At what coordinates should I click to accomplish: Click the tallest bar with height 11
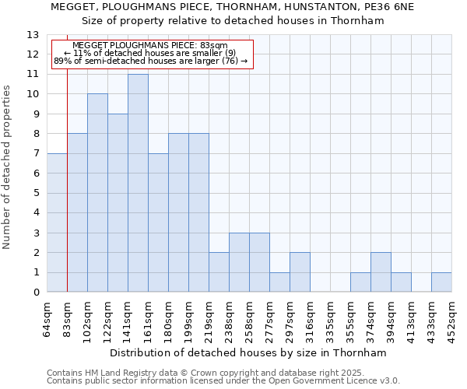[138, 183]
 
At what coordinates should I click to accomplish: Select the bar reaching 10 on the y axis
[97, 193]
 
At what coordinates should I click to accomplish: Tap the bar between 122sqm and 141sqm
[118, 202]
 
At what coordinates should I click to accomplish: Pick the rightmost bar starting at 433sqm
[441, 282]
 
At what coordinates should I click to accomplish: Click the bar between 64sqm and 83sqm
[57, 223]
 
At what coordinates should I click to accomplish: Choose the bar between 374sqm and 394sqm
[381, 272]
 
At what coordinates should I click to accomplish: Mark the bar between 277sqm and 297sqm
[279, 282]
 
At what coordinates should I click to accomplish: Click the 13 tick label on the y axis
[33, 35]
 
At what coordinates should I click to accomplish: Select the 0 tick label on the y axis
[36, 293]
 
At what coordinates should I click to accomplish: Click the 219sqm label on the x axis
[209, 319]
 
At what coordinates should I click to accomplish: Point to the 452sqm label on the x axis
[451, 319]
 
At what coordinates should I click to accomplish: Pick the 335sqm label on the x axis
[330, 319]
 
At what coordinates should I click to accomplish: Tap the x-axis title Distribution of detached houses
[249, 352]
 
